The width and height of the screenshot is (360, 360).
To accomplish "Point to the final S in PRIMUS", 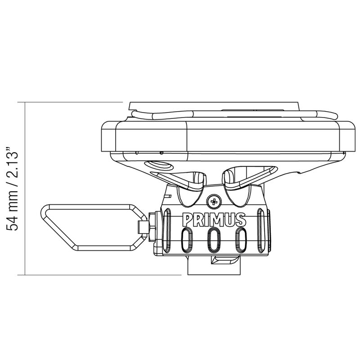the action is click(x=241, y=220).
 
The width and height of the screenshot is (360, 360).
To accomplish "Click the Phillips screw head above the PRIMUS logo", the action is click(x=214, y=202).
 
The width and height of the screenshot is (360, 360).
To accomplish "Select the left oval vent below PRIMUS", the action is click(x=187, y=240).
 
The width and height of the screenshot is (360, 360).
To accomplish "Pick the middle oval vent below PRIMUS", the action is click(x=214, y=240).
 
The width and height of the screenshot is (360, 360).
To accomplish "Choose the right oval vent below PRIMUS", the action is click(x=241, y=240).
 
